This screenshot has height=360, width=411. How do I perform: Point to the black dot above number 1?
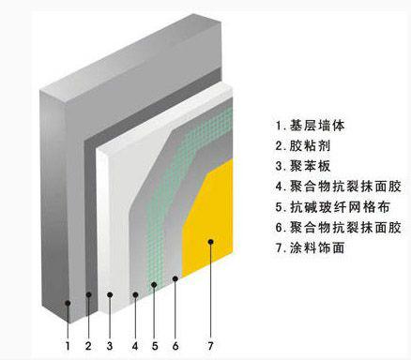tap(68, 303)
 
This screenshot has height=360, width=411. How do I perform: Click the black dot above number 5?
tap(155, 281)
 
